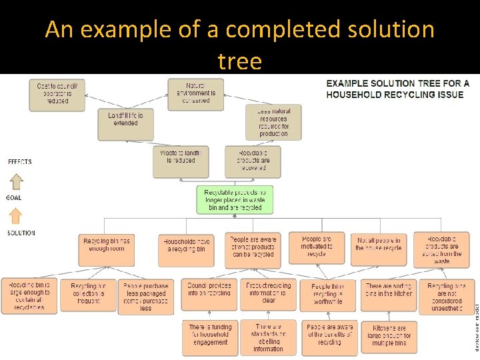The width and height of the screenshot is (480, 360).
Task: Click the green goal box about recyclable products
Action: pyautogui.click(x=235, y=200)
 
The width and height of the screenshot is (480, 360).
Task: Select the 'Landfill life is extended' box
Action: pyautogui.click(x=125, y=119)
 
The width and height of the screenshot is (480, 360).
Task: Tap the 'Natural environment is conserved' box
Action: pyautogui.click(x=196, y=94)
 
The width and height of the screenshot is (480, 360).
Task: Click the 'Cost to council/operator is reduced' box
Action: pyautogui.click(x=57, y=94)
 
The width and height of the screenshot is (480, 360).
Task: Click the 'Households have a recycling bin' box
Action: pyautogui.click(x=186, y=249)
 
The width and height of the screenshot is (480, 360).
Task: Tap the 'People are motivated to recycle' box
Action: pyautogui.click(x=317, y=247)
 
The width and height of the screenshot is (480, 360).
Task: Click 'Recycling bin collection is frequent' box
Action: pyautogui.click(x=88, y=293)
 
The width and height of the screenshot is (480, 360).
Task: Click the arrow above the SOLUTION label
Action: pyautogui.click(x=16, y=215)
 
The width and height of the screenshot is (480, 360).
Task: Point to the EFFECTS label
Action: pyautogui.click(x=19, y=162)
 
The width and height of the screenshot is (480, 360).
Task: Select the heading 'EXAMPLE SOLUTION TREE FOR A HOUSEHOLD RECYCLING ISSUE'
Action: pyautogui.click(x=397, y=89)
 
